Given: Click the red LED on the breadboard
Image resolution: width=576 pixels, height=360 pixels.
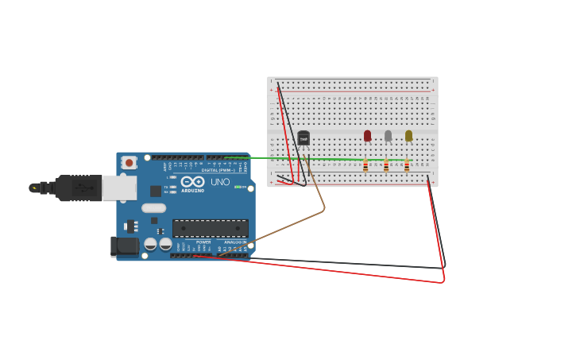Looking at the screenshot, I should [367, 136].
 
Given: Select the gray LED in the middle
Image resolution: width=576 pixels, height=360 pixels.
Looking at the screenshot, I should [388, 136].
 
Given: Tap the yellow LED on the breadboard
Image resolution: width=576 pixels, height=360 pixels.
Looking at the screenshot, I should [408, 136].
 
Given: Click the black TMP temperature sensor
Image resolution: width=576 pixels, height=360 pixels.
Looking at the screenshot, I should [303, 138].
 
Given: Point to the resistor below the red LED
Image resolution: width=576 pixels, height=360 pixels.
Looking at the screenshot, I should [365, 166].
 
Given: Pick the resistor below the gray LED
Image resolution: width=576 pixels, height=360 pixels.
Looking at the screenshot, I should [386, 166].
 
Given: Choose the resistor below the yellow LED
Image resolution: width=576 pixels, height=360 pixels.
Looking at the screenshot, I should [407, 166].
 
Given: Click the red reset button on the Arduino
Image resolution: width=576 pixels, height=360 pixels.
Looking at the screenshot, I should [129, 162].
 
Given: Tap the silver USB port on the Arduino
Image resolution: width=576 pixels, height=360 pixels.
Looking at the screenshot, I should [119, 188].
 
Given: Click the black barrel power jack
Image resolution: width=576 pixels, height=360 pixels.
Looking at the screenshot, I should [125, 246].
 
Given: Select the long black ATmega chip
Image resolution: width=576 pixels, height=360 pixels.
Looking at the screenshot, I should [211, 228].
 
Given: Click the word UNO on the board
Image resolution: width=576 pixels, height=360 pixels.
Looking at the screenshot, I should [220, 182].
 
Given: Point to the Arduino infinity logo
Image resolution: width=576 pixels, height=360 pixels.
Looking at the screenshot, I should [192, 181].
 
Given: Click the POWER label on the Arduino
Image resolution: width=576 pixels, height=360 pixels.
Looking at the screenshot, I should [203, 242].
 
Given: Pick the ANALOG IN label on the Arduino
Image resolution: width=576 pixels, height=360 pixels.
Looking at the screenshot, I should [234, 242].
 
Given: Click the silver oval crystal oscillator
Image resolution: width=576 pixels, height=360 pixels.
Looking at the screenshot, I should [153, 208].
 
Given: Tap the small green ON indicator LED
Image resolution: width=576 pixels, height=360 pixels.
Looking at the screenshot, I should [237, 187].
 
